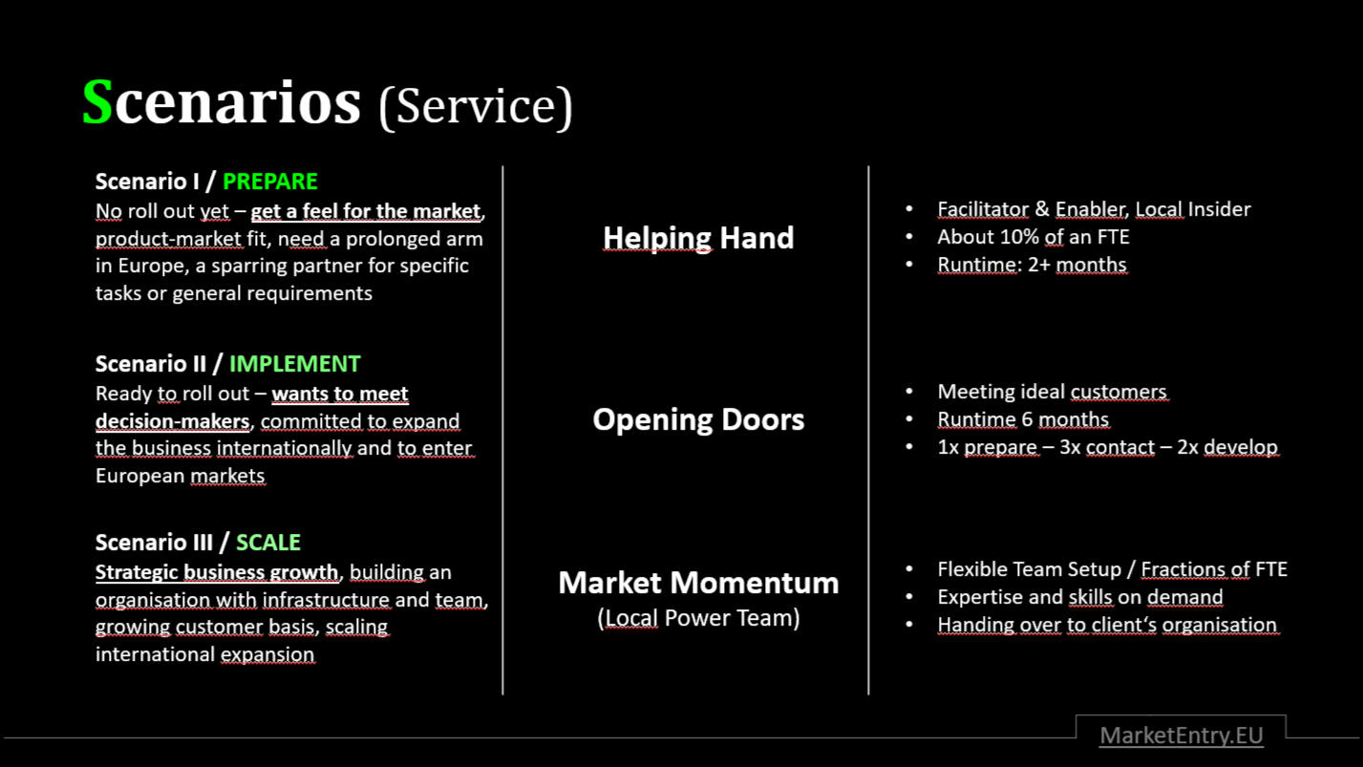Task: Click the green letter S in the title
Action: [x=97, y=101]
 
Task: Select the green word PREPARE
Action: [x=270, y=181]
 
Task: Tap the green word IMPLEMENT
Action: [x=294, y=363]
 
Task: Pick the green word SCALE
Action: [x=268, y=542]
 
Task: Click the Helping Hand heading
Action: [x=698, y=238]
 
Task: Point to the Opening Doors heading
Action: [x=698, y=419]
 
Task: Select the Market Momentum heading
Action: [x=698, y=583]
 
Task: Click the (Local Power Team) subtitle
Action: [x=698, y=618]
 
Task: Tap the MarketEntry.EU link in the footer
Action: [x=1182, y=735]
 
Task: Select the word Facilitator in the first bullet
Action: [x=983, y=209]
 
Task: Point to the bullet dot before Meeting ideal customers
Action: [x=909, y=391]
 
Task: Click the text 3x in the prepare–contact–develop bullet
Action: [x=1070, y=447]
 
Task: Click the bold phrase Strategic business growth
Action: [x=217, y=572]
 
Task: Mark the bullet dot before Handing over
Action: [x=909, y=625]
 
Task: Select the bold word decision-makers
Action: [x=173, y=421]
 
